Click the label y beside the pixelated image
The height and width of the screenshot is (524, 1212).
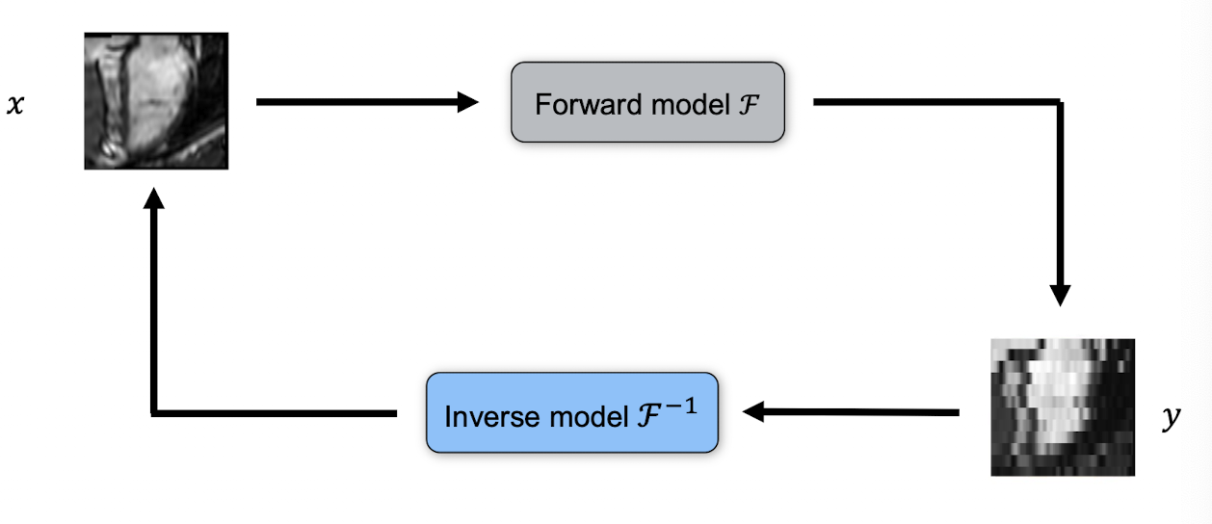tap(1171, 420)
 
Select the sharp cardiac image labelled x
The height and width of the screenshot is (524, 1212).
tap(156, 101)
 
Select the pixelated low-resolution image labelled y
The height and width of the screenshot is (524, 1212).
tap(1063, 406)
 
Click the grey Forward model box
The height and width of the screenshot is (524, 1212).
tap(647, 102)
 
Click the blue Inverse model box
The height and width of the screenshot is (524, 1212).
tap(572, 412)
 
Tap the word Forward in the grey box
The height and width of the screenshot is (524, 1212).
tap(574, 104)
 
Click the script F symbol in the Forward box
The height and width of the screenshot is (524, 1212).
tap(750, 104)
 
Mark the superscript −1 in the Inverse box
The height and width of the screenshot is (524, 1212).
tap(683, 406)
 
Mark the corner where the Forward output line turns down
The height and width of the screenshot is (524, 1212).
tap(1060, 101)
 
